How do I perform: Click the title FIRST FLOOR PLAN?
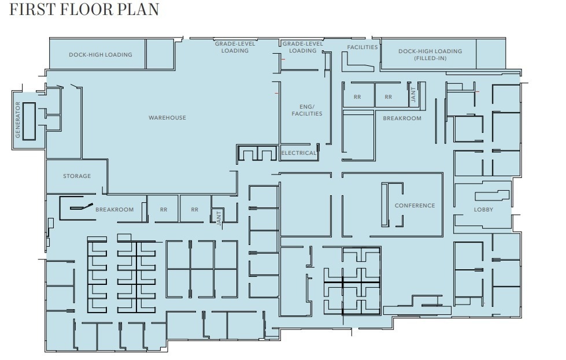tap(84, 10)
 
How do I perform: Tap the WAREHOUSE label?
tap(167, 118)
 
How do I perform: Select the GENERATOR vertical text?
tap(18, 120)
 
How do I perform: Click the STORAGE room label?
tap(77, 176)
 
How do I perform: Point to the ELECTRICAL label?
tap(298, 153)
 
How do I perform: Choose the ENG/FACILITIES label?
tap(306, 110)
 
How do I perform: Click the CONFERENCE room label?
tap(415, 206)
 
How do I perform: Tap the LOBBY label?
tap(483, 210)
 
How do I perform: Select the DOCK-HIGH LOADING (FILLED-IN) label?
tap(430, 55)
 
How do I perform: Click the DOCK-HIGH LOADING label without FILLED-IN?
tap(101, 55)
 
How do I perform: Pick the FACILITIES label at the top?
tap(362, 47)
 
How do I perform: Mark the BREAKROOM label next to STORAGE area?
tap(114, 210)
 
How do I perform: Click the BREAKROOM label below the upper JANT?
tap(402, 118)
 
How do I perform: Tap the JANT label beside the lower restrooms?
tap(219, 217)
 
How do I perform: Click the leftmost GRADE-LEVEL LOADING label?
tap(235, 47)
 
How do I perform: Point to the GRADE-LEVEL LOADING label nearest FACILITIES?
tap(302, 47)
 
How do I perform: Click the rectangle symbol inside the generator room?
tap(29, 114)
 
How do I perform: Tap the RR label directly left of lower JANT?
tap(194, 210)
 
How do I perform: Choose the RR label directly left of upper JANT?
tap(388, 97)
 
